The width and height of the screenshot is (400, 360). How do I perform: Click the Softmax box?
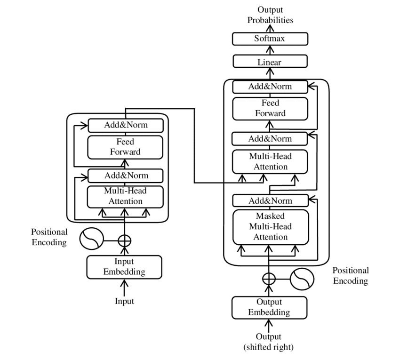pyautogui.click(x=270, y=39)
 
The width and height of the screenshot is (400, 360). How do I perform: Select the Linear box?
pyautogui.click(x=270, y=62)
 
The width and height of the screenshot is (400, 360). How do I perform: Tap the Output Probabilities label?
pyautogui.click(x=270, y=15)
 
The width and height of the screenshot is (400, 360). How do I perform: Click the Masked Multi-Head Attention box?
pyautogui.click(x=270, y=226)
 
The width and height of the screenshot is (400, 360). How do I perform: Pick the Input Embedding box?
pyautogui.click(x=125, y=266)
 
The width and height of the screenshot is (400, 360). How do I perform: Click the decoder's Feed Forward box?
pyautogui.click(x=270, y=107)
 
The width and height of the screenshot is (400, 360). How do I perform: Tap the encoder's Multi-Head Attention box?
pyautogui.click(x=125, y=196)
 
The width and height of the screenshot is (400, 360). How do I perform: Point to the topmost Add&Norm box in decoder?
pyautogui.click(x=270, y=87)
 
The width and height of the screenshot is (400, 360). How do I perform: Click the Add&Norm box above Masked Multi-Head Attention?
pyautogui.click(x=270, y=200)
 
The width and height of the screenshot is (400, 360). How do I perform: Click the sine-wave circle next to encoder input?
pyautogui.click(x=91, y=239)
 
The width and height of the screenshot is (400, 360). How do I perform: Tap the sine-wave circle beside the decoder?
pyautogui.click(x=302, y=279)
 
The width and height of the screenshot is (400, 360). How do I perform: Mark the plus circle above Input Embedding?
pyautogui.click(x=124, y=240)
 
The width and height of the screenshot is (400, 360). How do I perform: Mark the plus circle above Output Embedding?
pyautogui.click(x=269, y=279)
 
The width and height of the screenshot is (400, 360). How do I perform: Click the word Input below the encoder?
pyautogui.click(x=125, y=301)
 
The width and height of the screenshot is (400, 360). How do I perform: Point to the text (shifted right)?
pyautogui.click(x=269, y=347)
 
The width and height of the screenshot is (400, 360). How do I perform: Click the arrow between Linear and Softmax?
pyautogui.click(x=270, y=50)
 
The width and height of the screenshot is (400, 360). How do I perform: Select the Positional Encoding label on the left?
pyautogui.click(x=49, y=237)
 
